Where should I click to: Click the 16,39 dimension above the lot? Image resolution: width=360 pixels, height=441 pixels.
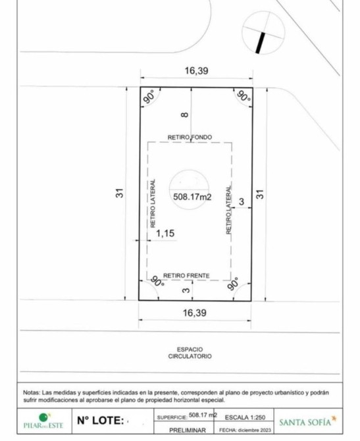click(196, 70)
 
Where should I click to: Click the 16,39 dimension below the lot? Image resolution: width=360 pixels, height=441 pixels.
click(195, 313)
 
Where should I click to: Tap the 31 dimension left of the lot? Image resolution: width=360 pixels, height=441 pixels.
click(120, 193)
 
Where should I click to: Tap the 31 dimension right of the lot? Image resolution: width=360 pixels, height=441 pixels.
click(260, 194)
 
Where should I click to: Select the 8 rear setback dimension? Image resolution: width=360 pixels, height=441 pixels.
click(185, 115)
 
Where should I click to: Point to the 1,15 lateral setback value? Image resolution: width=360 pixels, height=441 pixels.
click(165, 233)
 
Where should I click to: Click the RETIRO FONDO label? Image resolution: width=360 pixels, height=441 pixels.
click(190, 138)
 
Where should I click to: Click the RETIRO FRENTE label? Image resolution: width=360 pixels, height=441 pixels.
click(186, 276)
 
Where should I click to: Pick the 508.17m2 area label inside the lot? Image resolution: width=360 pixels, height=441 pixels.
click(192, 197)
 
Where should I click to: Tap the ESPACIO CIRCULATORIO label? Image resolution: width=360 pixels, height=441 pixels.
click(190, 353)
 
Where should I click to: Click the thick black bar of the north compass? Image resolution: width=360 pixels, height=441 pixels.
click(260, 43)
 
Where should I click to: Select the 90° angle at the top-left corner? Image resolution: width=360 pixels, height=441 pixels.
click(149, 97)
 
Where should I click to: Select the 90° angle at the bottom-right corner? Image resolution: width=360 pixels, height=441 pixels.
click(234, 284)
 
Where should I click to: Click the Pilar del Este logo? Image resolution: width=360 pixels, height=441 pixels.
click(43, 421)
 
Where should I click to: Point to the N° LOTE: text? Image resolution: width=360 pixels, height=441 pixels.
click(101, 421)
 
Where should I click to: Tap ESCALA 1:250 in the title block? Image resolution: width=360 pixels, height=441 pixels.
click(245, 417)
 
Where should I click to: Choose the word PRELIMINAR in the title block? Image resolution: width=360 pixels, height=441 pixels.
click(188, 430)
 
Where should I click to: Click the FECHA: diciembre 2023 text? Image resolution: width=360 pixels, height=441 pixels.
click(245, 430)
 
